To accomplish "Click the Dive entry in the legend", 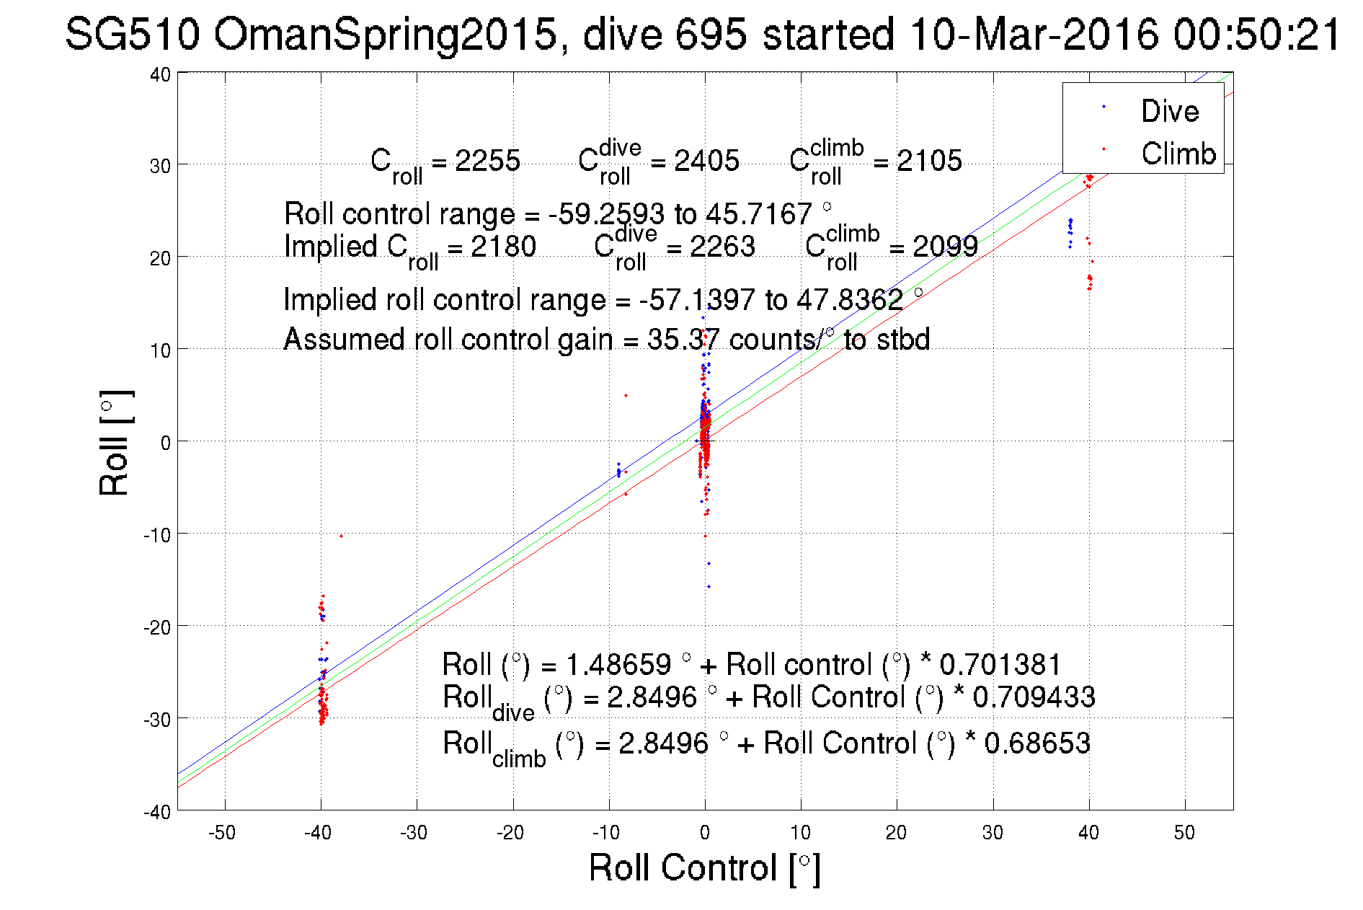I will tap(1169, 111).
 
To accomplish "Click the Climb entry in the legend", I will tap(1178, 154).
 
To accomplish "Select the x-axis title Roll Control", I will tap(704, 867).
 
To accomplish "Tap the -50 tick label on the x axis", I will tap(222, 833).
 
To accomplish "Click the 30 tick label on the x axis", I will tap(993, 833).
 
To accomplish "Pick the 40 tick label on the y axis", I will tap(160, 74).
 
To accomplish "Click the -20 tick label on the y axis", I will tap(156, 627).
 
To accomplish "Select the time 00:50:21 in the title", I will tap(1256, 34).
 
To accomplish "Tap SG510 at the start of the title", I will tap(132, 34).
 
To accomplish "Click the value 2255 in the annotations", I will tap(487, 161).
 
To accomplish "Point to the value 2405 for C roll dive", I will tap(706, 161).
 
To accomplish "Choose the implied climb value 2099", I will tap(945, 247).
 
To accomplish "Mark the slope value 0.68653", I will tap(1036, 743).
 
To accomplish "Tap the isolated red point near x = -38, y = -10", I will tap(341, 536).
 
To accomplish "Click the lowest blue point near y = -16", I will tap(709, 587).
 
